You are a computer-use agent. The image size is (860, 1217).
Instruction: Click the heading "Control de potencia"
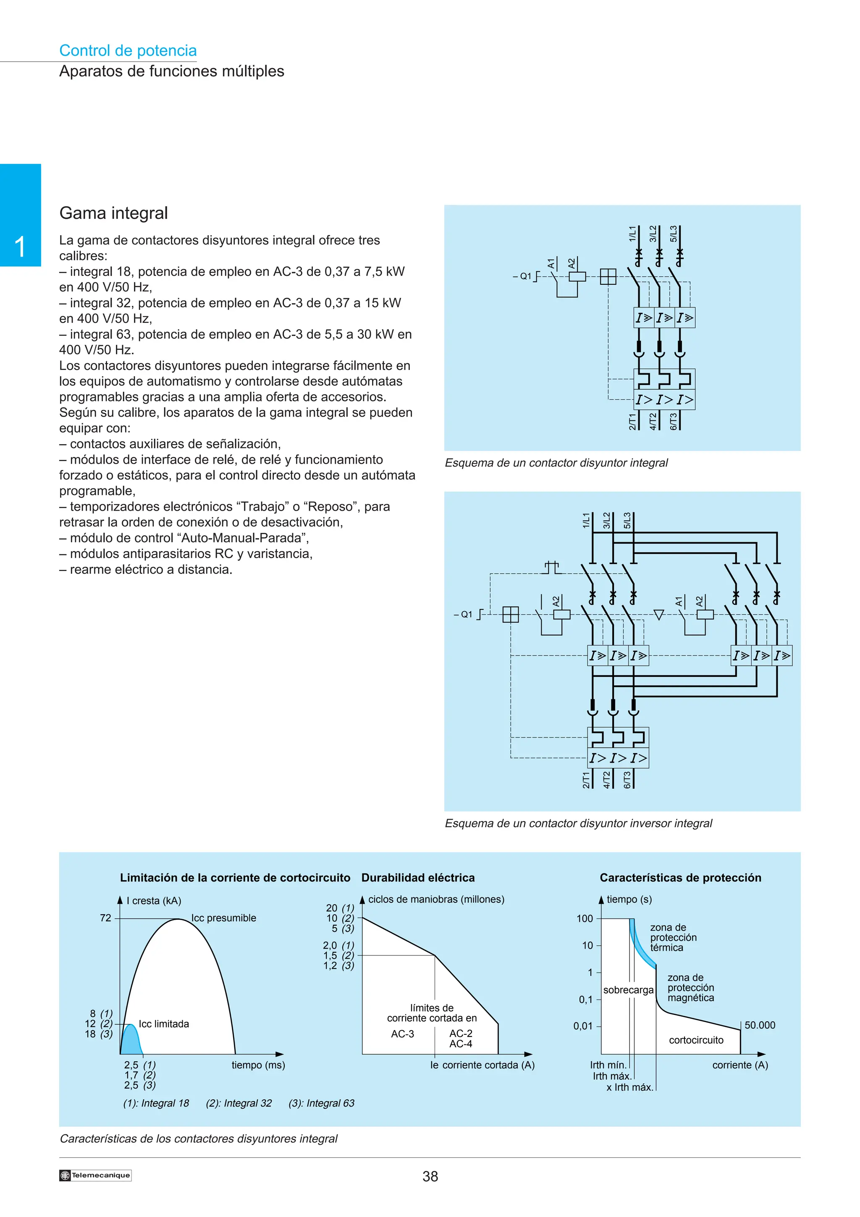coord(128,50)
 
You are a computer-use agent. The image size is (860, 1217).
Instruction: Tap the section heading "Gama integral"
coord(113,213)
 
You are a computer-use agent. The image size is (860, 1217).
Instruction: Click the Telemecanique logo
coord(95,1175)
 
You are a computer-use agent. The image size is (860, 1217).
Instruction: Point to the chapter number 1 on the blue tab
coord(20,247)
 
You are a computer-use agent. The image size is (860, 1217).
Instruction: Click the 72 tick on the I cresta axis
coord(106,918)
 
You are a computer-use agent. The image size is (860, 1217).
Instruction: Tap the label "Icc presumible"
coord(224,918)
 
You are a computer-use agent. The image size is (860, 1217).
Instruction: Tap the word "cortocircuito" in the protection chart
coord(696,1040)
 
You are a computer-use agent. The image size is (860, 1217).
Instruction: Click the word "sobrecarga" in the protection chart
coord(628,990)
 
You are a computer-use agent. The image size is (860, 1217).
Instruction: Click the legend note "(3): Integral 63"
coord(321,1103)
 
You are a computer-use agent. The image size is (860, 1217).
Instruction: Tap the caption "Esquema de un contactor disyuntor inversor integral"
coord(578,823)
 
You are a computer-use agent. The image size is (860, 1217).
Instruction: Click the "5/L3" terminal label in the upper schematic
coord(674,233)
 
